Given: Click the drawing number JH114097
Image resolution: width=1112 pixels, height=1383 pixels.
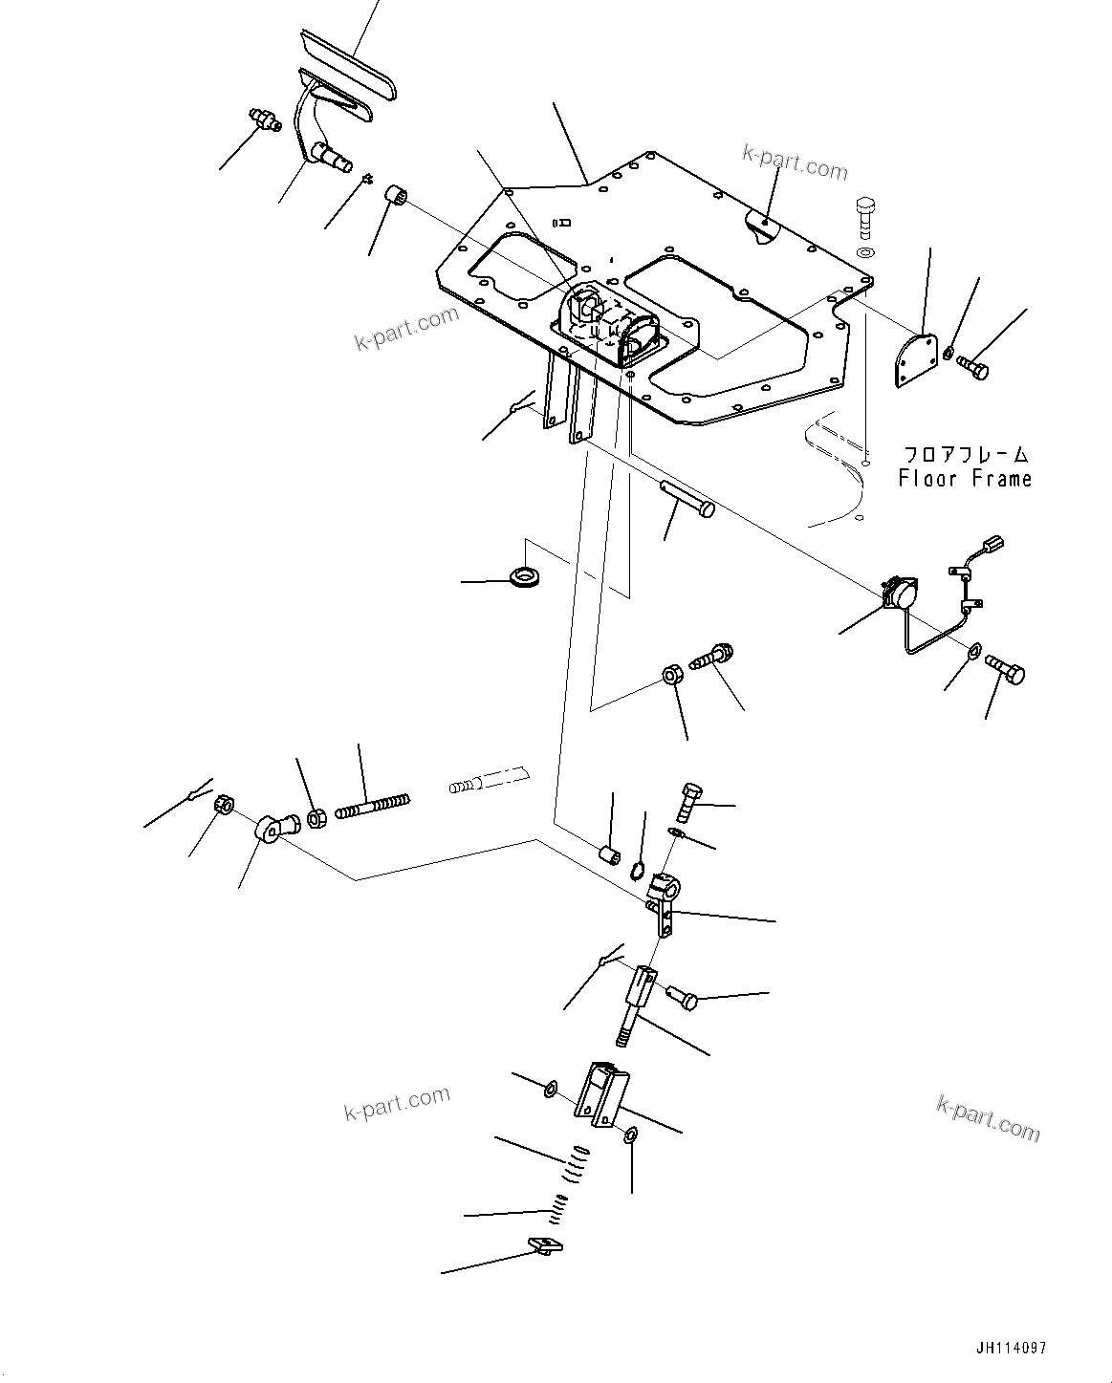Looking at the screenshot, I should tap(1011, 1348).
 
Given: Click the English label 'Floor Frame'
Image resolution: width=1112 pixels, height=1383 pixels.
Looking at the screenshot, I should tap(964, 478).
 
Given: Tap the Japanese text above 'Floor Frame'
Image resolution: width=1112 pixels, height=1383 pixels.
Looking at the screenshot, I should tap(966, 454).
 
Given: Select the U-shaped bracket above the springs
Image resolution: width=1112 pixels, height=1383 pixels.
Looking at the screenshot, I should tap(600, 1095).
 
